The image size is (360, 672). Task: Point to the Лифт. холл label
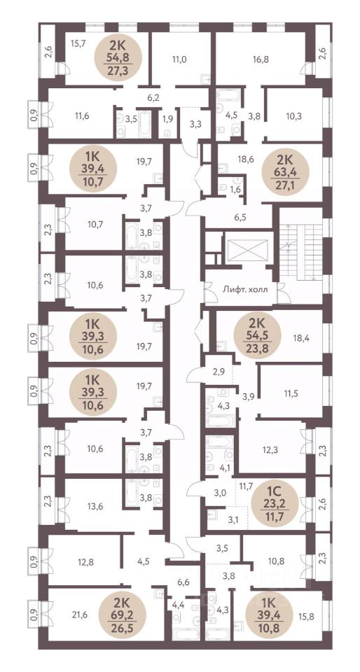point(245,289)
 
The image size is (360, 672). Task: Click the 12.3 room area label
point(271,450)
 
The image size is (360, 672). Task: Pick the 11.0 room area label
point(179,60)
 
